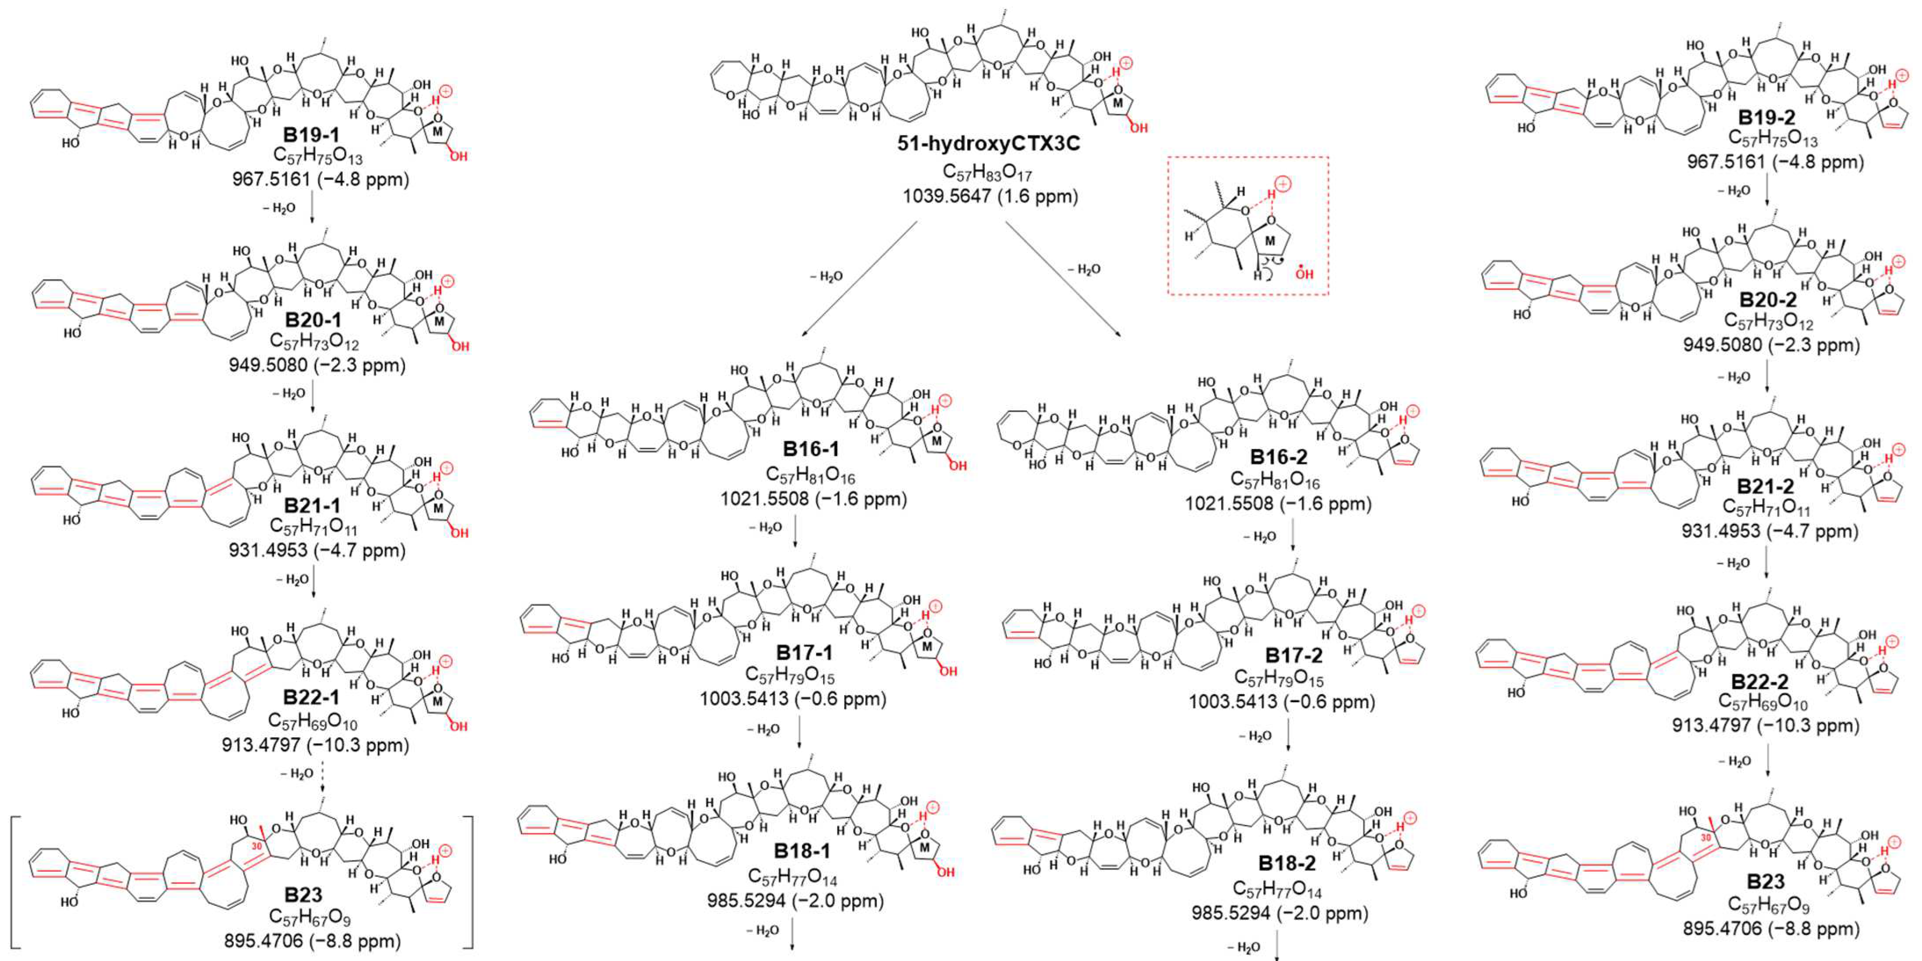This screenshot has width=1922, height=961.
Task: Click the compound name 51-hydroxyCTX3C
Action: (989, 143)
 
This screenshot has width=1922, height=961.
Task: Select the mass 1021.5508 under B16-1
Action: (813, 498)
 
